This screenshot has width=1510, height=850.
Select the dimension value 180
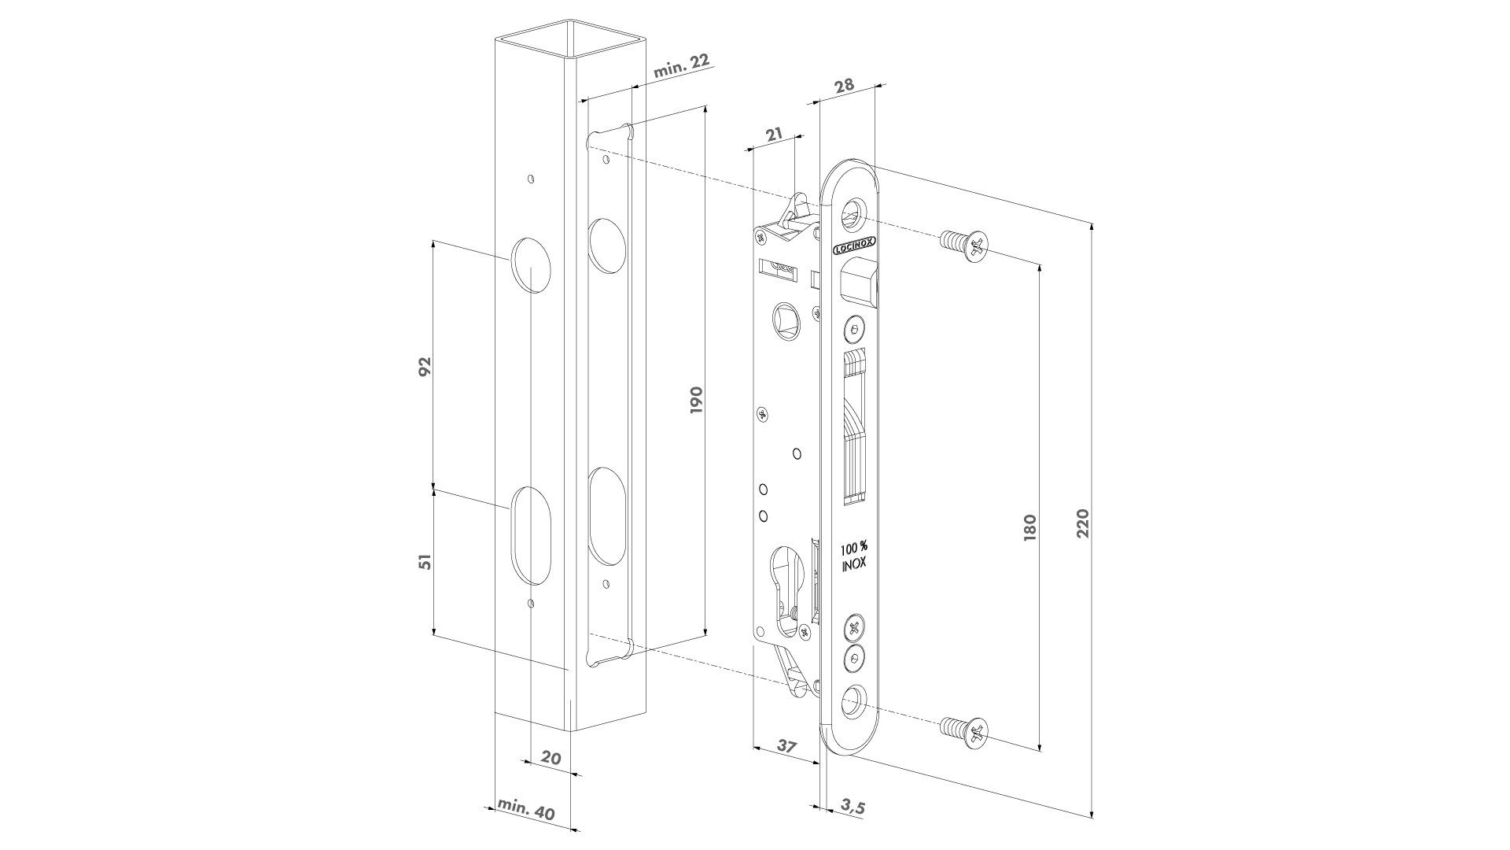click(x=1030, y=526)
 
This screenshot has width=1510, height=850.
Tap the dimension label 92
click(x=425, y=367)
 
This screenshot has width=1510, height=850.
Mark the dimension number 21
click(x=774, y=135)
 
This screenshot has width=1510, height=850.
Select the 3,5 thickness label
click(x=853, y=807)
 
